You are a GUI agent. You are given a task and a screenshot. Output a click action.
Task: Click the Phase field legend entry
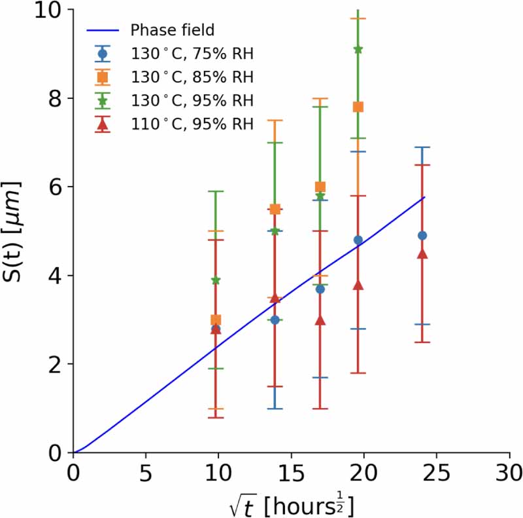173,30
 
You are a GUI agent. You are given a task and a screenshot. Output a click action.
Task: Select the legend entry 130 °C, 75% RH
191,54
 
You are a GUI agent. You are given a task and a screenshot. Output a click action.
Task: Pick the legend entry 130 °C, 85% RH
191,77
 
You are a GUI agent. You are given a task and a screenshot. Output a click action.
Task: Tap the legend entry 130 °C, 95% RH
191,100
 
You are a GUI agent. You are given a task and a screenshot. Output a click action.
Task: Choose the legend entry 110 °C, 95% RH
191,124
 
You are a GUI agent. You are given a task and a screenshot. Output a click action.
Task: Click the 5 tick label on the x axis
146,472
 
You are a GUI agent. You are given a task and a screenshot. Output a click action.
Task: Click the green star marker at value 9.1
358,49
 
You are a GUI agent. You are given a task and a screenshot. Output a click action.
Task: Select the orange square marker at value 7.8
358,107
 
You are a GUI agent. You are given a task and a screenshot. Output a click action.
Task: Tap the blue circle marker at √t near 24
422,236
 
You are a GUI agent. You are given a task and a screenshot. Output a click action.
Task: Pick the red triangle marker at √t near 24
422,253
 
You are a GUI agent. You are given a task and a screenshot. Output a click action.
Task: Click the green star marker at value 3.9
216,280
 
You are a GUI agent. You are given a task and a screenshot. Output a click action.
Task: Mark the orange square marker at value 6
320,187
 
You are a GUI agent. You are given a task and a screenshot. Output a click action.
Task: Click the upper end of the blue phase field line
424,197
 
